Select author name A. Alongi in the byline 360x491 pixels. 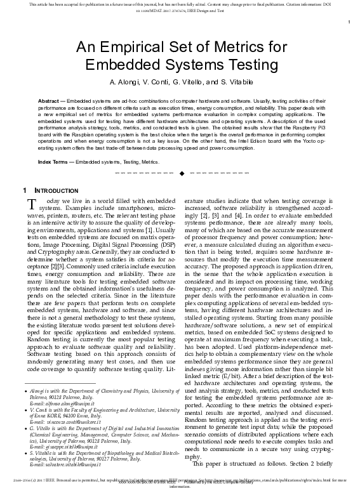point(126,83)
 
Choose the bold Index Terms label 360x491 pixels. point(53,162)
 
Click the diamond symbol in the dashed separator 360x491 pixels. point(182,173)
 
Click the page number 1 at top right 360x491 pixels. point(349,23)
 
